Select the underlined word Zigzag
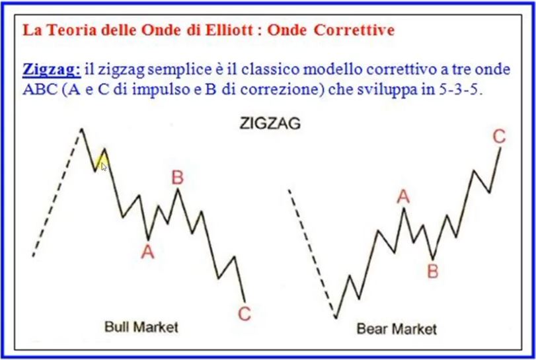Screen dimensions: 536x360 pyautogui.click(x=52, y=70)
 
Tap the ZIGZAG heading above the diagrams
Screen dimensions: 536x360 pyautogui.click(x=270, y=124)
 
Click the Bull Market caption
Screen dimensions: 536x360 pyautogui.click(x=141, y=327)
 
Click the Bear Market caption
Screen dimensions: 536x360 pyautogui.click(x=397, y=329)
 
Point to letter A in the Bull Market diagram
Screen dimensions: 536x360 pyautogui.click(x=147, y=252)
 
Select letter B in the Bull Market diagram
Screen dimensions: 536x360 pyautogui.click(x=177, y=178)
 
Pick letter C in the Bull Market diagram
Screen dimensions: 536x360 pyautogui.click(x=245, y=314)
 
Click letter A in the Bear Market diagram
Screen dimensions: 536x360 pyautogui.click(x=403, y=197)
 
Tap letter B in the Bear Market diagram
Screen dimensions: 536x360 pyautogui.click(x=433, y=271)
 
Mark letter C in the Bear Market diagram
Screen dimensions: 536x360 pyautogui.click(x=499, y=137)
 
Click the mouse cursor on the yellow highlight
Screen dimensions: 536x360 pyautogui.click(x=104, y=166)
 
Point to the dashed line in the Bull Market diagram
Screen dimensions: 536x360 pyautogui.click(x=57, y=193)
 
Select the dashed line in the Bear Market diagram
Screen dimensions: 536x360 pyautogui.click(x=313, y=254)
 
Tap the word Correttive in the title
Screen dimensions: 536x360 pyautogui.click(x=354, y=30)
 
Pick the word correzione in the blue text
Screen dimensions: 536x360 pyautogui.click(x=282, y=89)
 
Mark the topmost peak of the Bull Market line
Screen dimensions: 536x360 pyautogui.click(x=82, y=129)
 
